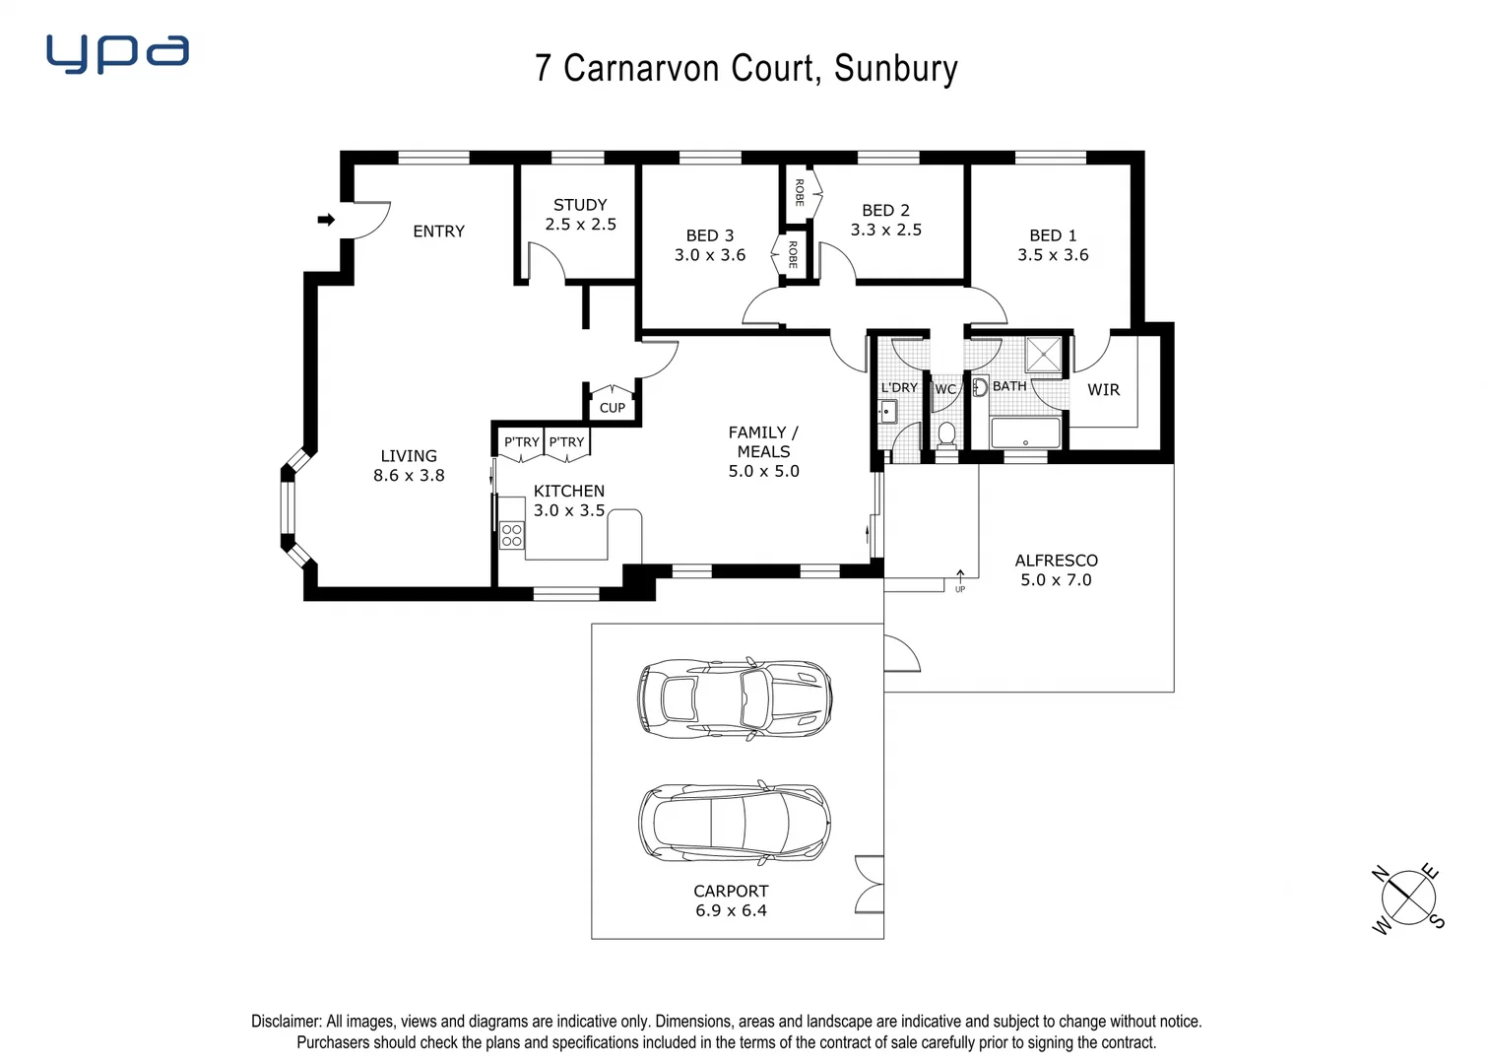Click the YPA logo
pyautogui.click(x=117, y=54)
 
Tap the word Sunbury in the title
pyautogui.click(x=895, y=69)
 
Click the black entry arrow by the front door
pyautogui.click(x=326, y=220)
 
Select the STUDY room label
pyautogui.click(x=580, y=205)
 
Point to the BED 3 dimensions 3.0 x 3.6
pyautogui.click(x=709, y=255)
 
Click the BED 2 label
pyautogui.click(x=885, y=211)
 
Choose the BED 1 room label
pyautogui.click(x=1053, y=235)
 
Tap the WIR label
pyautogui.click(x=1103, y=390)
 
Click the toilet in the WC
pyautogui.click(x=946, y=433)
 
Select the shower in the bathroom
pyautogui.click(x=1044, y=355)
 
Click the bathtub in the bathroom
pyautogui.click(x=1025, y=433)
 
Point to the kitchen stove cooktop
pyautogui.click(x=512, y=535)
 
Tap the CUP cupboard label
pyautogui.click(x=613, y=408)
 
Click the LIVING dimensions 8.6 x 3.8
pyautogui.click(x=409, y=476)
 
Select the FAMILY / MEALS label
pyautogui.click(x=763, y=442)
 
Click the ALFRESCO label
pyautogui.click(x=1056, y=561)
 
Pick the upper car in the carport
pyautogui.click(x=734, y=698)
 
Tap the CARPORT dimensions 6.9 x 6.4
pyautogui.click(x=731, y=911)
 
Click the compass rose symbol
pyautogui.click(x=1407, y=898)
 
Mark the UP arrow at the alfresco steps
pyautogui.click(x=960, y=577)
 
